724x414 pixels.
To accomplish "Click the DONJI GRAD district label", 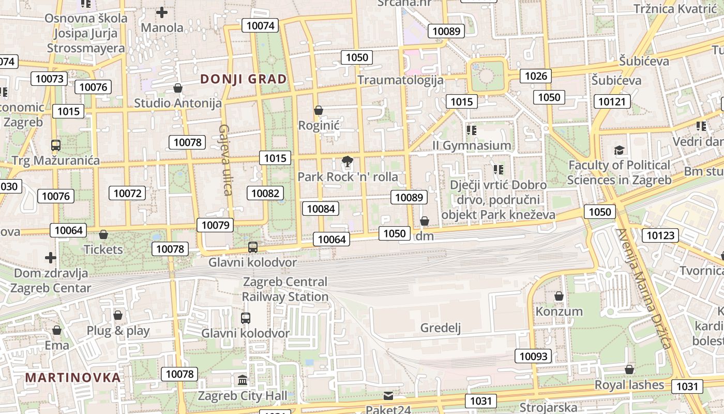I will click(x=243, y=79).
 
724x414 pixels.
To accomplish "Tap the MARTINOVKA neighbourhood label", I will click(x=73, y=377).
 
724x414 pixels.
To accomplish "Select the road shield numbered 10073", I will click(x=50, y=79).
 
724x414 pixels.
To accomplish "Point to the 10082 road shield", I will click(x=266, y=194).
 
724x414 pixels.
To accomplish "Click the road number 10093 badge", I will click(x=533, y=356).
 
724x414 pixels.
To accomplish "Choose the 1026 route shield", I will click(x=536, y=76).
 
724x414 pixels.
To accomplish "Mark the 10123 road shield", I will click(x=661, y=235).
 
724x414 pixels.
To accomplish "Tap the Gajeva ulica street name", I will click(x=225, y=159).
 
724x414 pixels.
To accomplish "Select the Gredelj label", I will click(x=441, y=328).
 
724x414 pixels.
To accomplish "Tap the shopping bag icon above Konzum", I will click(x=559, y=297).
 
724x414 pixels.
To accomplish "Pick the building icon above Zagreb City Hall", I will click(x=243, y=381).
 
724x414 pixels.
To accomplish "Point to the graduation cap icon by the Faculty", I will click(x=619, y=151).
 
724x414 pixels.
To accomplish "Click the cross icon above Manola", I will click(x=162, y=12).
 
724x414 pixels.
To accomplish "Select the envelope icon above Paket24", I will click(x=388, y=396).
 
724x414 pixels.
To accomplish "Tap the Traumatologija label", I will click(x=400, y=80).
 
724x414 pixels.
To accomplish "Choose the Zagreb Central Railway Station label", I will click(x=285, y=289).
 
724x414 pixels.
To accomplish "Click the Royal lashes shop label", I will click(x=629, y=385).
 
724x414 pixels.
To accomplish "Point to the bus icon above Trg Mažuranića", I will click(x=56, y=145).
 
